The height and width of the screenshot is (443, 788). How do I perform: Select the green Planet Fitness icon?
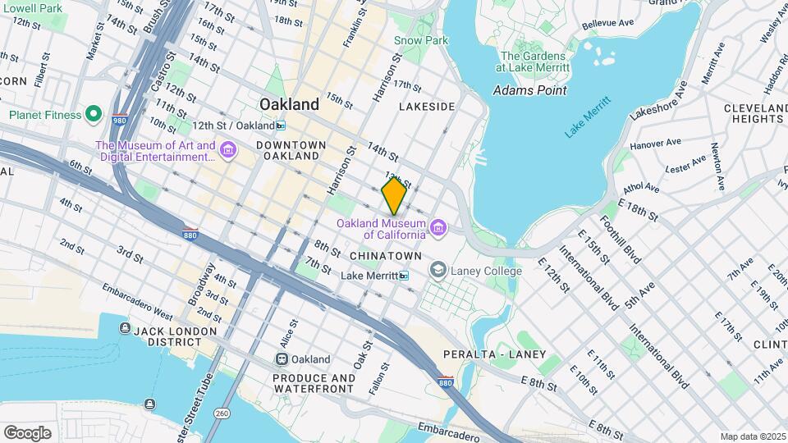[x=94, y=114]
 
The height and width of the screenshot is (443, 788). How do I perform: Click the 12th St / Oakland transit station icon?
[x=282, y=126]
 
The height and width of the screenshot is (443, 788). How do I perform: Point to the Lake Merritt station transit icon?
[x=403, y=276]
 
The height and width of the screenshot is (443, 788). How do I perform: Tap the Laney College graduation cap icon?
[x=438, y=270]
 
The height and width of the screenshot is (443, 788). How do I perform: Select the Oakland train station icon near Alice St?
[x=282, y=359]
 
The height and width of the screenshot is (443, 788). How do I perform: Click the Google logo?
[x=27, y=432]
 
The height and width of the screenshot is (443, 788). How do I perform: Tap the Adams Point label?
[x=529, y=89]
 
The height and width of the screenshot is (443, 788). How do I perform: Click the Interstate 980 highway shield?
[x=120, y=120]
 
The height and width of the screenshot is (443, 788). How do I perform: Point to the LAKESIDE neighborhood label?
[x=426, y=107]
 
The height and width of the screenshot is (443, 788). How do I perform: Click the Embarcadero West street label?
[x=137, y=302]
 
